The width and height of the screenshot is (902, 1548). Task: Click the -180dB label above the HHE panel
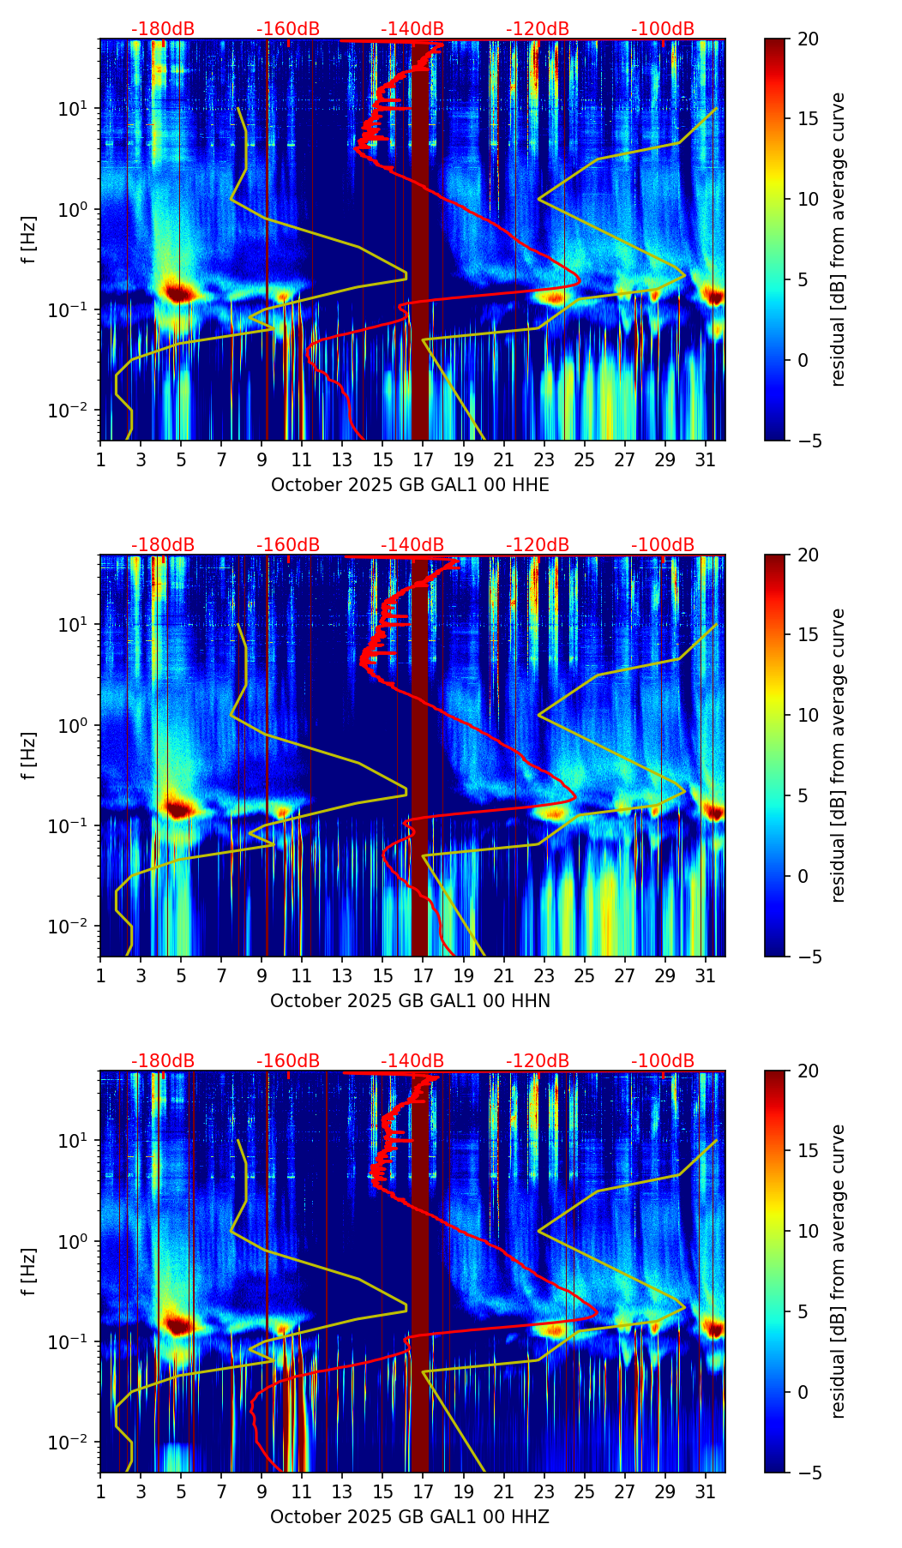point(163,29)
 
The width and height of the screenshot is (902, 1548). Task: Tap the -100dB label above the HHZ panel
point(663,1061)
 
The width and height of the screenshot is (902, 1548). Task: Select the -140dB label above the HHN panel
point(412,545)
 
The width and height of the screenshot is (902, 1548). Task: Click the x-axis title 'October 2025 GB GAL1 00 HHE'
point(410,485)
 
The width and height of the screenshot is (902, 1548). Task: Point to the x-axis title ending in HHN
point(410,1001)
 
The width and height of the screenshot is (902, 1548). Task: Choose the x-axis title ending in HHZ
point(409,1517)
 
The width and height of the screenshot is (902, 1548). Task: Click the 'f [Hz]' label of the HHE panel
point(30,239)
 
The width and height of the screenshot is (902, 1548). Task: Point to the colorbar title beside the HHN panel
point(839,755)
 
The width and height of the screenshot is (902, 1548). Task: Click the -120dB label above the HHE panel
point(538,29)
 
